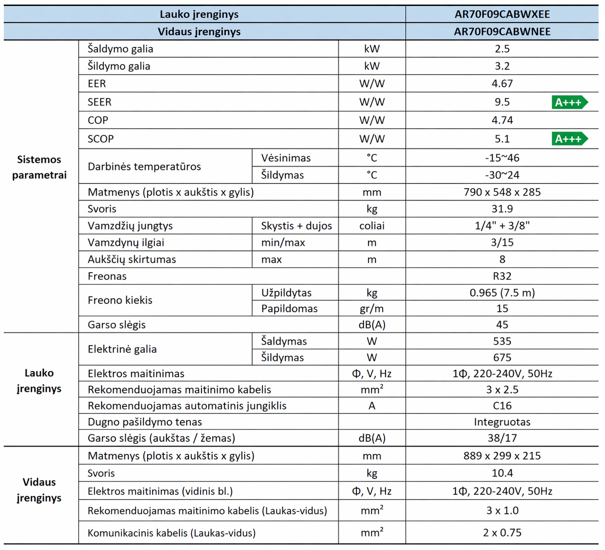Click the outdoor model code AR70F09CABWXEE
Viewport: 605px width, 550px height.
502,14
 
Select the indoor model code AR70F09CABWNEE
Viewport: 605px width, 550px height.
502,32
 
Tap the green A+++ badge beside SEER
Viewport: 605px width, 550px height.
569,102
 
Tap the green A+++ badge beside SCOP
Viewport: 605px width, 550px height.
569,139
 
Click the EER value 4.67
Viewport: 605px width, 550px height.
502,84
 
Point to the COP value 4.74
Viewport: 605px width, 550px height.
502,120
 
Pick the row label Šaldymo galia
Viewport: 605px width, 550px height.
121,49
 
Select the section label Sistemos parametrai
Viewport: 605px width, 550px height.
39,167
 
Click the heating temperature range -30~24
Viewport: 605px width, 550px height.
502,175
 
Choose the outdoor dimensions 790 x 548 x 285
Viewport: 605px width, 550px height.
502,192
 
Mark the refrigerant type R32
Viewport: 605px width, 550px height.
502,276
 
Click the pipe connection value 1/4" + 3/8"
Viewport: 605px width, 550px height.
502,226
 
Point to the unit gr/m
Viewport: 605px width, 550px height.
372,309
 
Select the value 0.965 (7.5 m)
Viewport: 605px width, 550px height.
502,293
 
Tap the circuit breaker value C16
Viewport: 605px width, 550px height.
502,406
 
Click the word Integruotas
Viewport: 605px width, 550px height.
502,422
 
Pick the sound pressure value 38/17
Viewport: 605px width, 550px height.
502,438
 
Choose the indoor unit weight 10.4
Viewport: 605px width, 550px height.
502,473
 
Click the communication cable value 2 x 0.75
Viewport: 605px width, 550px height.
502,533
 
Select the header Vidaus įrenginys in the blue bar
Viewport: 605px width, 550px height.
199,32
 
